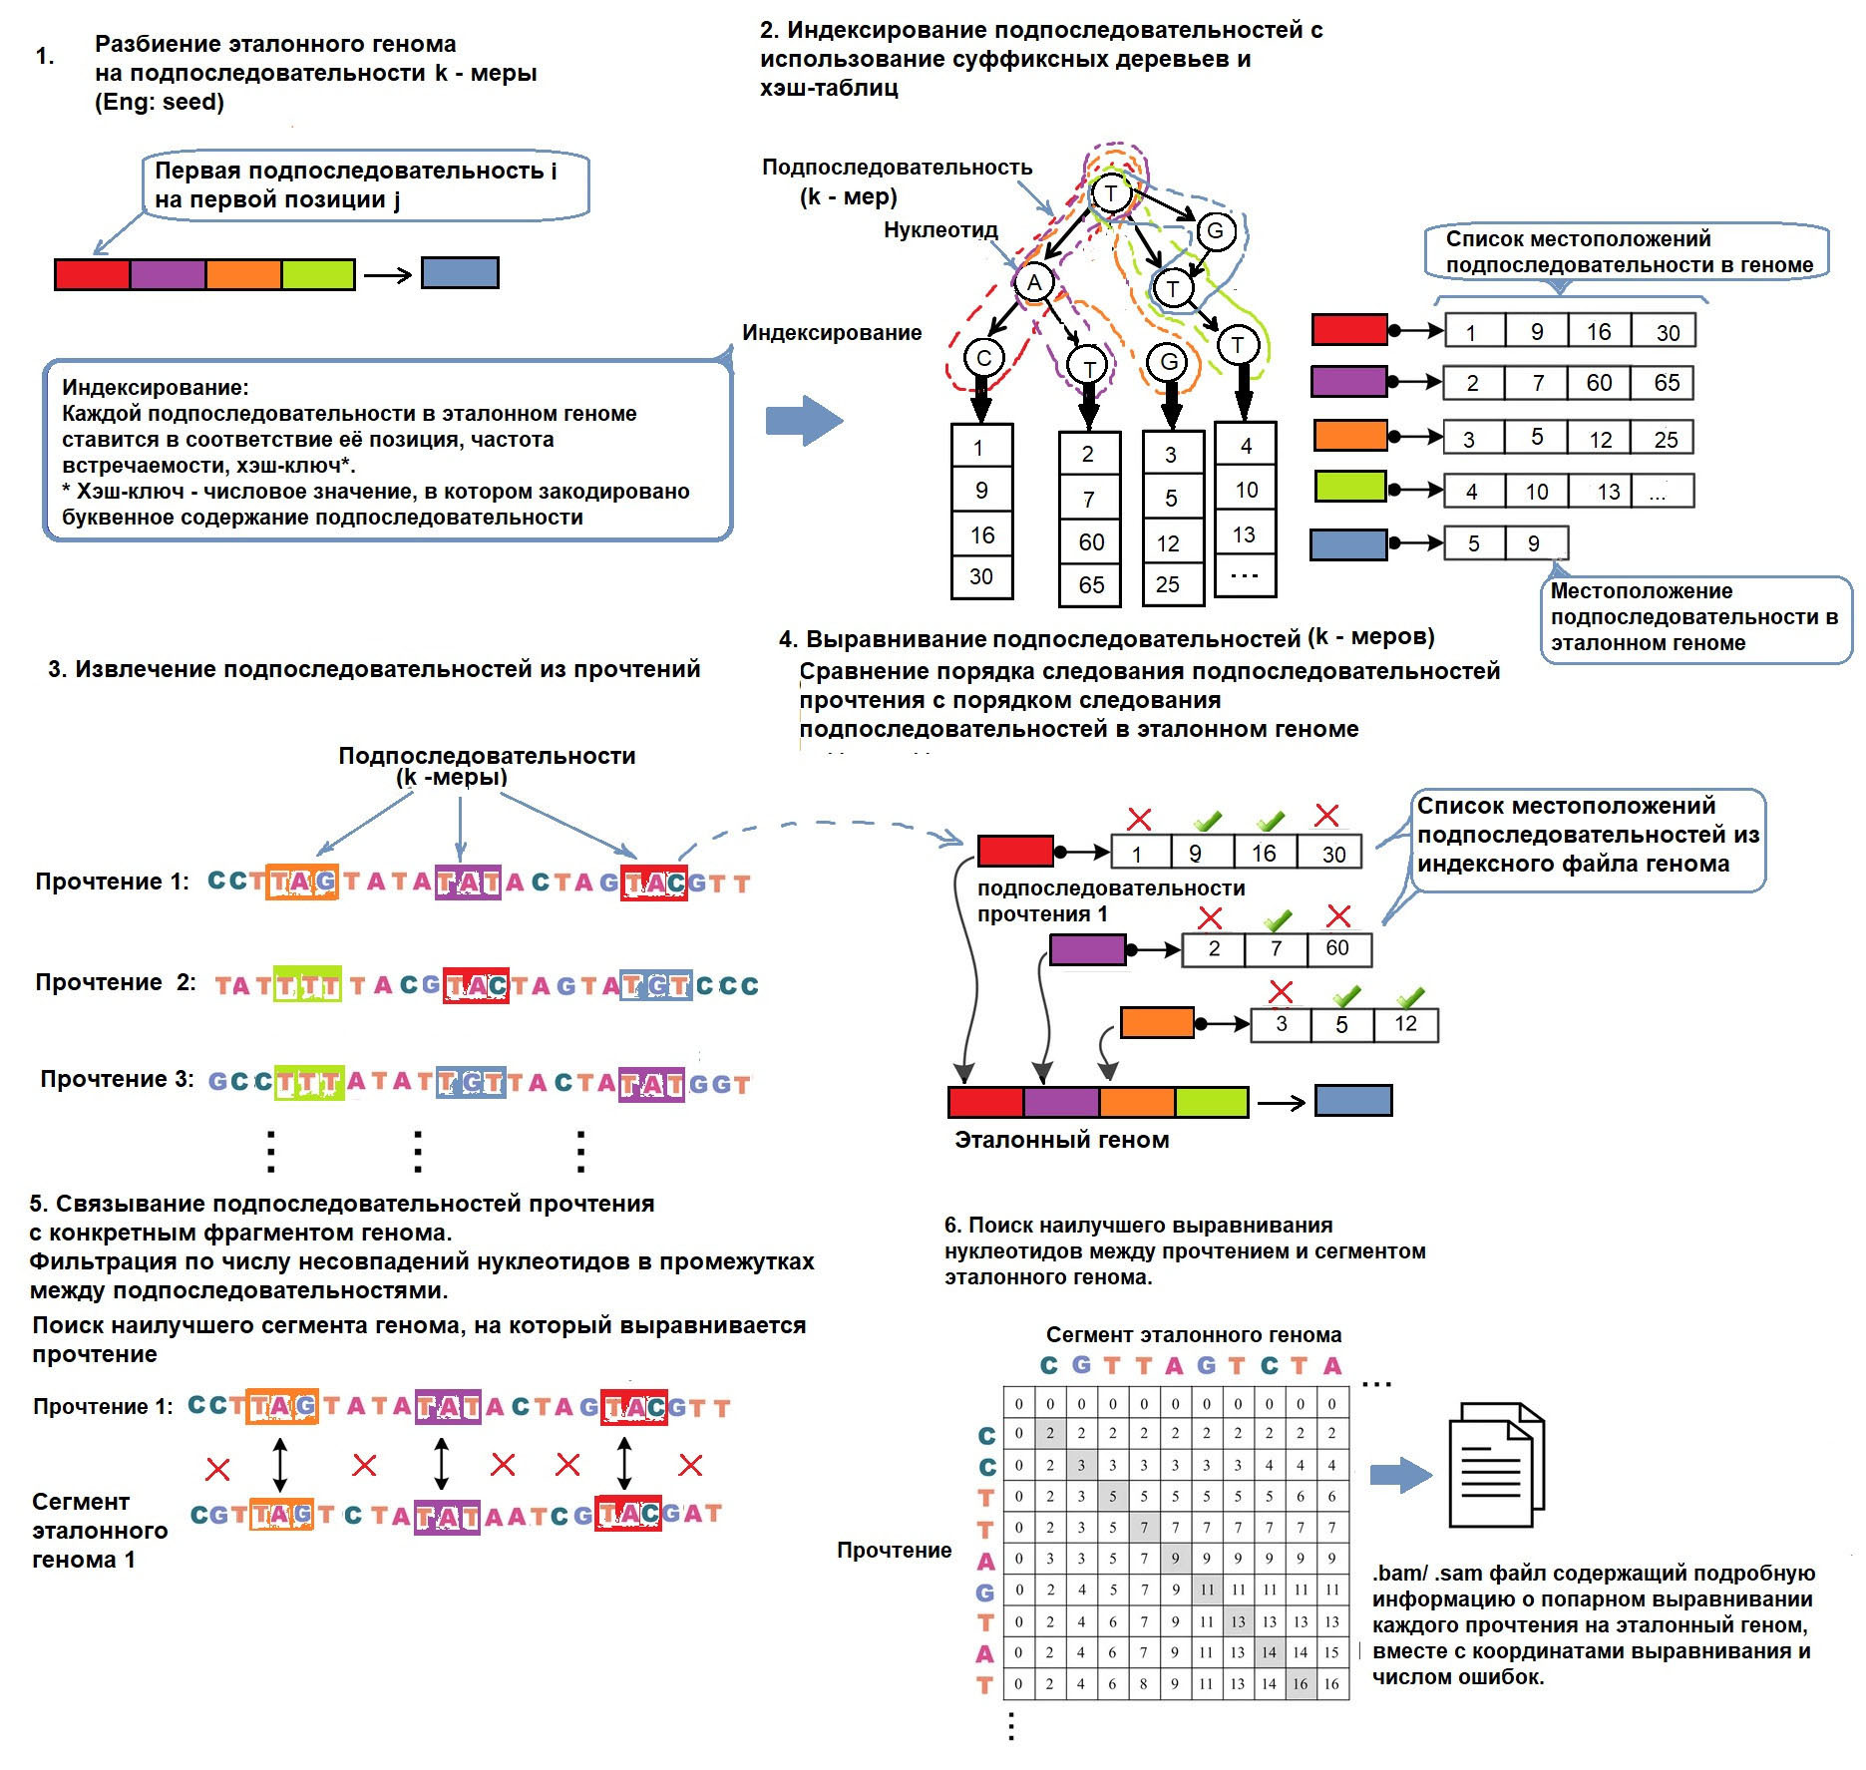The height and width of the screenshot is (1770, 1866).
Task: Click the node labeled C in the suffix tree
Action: tap(983, 358)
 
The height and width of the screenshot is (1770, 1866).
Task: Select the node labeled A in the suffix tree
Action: tap(1034, 282)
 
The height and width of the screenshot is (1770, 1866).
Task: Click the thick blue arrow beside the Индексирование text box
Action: tap(804, 420)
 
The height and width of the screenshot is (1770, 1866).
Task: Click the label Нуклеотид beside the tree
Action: tap(940, 230)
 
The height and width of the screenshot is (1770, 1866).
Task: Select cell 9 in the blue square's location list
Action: tap(1534, 543)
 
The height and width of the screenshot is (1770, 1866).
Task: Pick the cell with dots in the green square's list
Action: tap(1660, 491)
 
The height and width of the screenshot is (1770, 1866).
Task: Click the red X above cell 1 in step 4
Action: tap(1139, 820)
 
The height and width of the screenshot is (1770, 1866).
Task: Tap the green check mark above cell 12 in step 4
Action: tap(1409, 996)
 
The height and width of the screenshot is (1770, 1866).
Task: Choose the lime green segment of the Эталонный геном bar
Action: tap(1211, 1102)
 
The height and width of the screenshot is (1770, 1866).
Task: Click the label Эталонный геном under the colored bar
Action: tap(1061, 1140)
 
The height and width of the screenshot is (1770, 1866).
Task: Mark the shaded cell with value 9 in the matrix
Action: tap(1175, 1558)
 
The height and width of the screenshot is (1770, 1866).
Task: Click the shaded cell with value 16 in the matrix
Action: tap(1300, 1683)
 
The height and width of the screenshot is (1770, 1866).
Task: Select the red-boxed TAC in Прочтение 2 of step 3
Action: tap(476, 985)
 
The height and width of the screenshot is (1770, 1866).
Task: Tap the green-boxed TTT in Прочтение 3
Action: tap(309, 1083)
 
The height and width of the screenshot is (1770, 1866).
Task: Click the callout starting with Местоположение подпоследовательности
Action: tap(1694, 617)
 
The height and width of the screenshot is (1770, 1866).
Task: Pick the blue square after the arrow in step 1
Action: tap(460, 273)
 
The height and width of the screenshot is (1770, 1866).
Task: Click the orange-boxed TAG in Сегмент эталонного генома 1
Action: tap(281, 1515)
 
